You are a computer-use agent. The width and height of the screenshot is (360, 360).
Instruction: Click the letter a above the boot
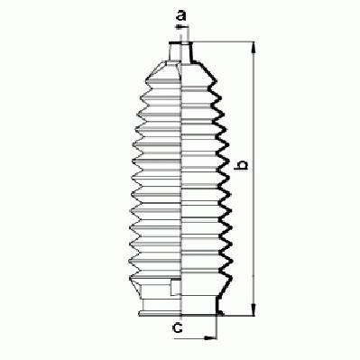[180, 15]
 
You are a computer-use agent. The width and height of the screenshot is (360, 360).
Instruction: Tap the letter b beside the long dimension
[242, 165]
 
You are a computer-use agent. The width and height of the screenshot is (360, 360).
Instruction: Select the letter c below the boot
[179, 328]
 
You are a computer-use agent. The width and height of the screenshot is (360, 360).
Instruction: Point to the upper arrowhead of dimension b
[254, 48]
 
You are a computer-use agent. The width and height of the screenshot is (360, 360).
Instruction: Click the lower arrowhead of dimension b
[254, 309]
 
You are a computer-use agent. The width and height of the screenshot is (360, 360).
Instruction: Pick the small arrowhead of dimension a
[179, 27]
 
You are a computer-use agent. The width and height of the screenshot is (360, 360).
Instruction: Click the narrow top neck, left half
[176, 51]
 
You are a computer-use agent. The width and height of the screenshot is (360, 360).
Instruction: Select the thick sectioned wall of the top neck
[191, 52]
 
